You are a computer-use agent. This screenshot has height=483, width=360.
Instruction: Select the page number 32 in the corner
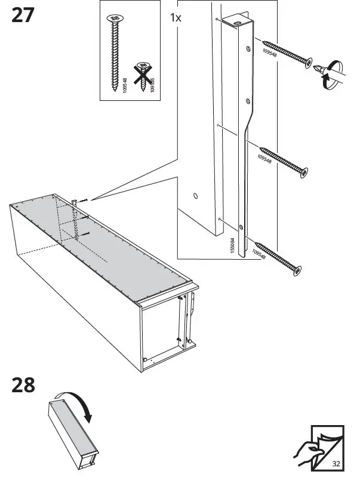pyautogui.click(x=336, y=463)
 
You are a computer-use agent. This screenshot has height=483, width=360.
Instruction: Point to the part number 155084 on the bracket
pyautogui.click(x=232, y=244)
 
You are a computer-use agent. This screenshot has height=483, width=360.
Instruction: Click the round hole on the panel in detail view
pyautogui.click(x=195, y=195)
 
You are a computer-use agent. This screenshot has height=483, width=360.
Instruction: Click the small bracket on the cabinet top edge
pyautogui.click(x=76, y=203)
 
